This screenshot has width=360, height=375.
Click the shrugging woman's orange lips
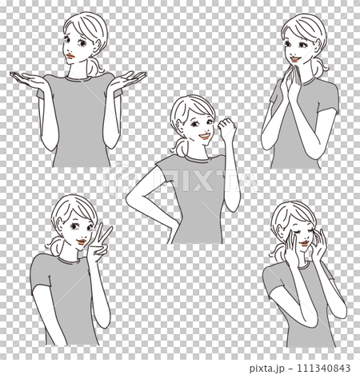pos(70,56)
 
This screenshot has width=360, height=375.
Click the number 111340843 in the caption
pos(323,368)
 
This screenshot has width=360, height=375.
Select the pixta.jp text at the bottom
pos(267,369)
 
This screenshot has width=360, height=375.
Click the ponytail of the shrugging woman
pos(94,66)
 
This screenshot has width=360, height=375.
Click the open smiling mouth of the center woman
pos(205,136)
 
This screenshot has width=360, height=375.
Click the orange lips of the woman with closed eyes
pos(304,243)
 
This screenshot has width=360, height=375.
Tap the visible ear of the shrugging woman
pos(98,44)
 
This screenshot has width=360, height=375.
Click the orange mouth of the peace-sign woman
pos(82,241)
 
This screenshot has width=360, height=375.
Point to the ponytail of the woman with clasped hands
pos(320,67)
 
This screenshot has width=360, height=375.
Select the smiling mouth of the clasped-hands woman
pos(294,58)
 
